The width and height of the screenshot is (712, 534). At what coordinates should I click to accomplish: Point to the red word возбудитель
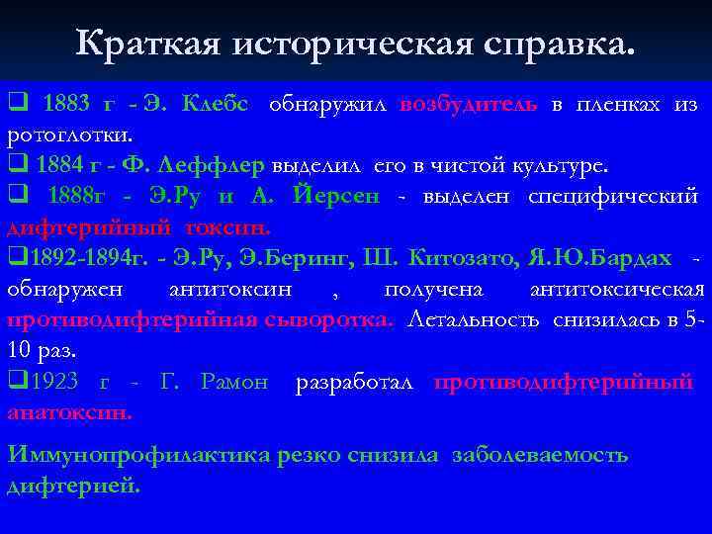(470, 105)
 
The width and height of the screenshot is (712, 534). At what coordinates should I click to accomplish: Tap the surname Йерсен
(336, 196)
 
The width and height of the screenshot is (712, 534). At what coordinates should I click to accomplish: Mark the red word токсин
(232, 225)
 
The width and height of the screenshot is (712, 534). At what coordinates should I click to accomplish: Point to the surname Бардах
(638, 257)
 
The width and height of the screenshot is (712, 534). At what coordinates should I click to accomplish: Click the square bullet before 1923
(15, 381)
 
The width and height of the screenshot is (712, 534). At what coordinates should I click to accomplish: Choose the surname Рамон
(234, 382)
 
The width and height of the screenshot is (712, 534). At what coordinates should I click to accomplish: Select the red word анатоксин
(68, 411)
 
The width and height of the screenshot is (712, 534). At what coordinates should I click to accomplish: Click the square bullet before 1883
(15, 104)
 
